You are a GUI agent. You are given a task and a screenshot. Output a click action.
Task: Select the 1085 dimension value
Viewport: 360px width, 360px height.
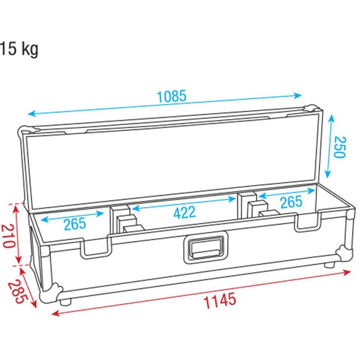pyautogui.click(x=171, y=96)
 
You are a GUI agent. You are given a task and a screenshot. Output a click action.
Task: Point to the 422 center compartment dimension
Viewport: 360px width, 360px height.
pyautogui.click(x=185, y=211)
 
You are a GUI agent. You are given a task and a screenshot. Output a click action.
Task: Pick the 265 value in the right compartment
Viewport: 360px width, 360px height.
pyautogui.click(x=291, y=202)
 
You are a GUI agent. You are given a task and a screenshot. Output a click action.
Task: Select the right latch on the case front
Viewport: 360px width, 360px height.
pyautogui.click(x=307, y=222)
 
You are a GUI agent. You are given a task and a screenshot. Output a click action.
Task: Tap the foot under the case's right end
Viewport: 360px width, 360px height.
pyautogui.click(x=330, y=265)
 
